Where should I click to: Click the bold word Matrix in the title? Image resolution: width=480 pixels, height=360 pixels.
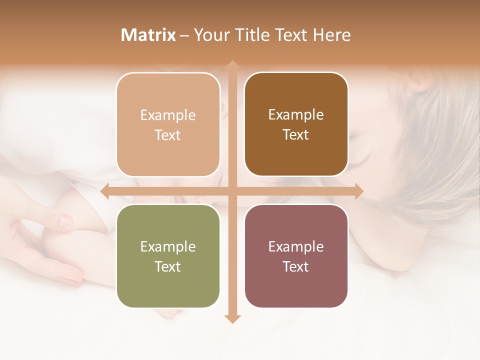(148, 35)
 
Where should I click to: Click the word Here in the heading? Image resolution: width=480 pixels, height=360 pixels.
(332, 35)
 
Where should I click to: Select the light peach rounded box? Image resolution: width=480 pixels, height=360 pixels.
(168, 124)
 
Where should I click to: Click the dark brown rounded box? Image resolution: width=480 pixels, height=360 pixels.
(296, 124)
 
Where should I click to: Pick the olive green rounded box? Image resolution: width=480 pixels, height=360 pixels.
(168, 256)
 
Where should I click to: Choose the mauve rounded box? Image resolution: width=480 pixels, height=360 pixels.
(296, 256)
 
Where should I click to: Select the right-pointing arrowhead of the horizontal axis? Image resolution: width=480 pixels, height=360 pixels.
(358, 191)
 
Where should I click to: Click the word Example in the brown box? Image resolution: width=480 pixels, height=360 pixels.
(296, 114)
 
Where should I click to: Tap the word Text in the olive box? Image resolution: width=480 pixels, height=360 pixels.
(168, 266)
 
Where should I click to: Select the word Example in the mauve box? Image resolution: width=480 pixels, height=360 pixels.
(296, 246)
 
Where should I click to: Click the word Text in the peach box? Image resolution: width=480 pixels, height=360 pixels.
(168, 135)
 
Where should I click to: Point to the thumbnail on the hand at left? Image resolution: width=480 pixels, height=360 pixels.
(65, 220)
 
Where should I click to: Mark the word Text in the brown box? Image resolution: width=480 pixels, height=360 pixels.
(296, 135)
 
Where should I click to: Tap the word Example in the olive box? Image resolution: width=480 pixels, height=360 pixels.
(168, 246)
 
